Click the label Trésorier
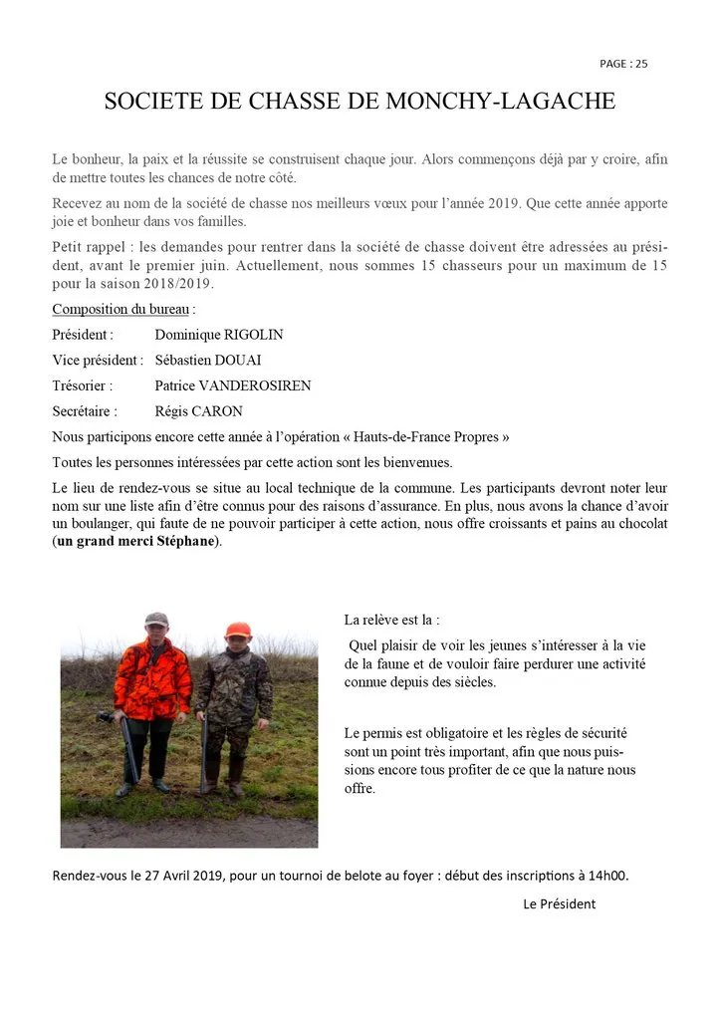tap(82, 385)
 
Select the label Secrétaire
tap(85, 411)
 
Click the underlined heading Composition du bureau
tap(120, 309)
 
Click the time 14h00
tap(607, 877)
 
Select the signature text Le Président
tap(559, 904)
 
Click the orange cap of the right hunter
tap(237, 630)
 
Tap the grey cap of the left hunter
tap(156, 619)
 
